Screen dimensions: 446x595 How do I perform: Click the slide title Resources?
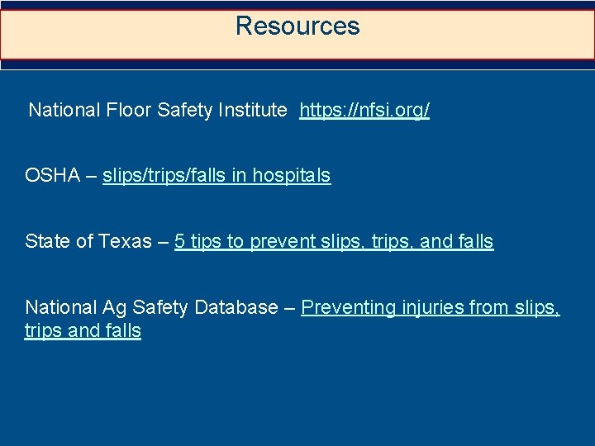click(x=297, y=26)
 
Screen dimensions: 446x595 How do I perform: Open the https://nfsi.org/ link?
click(x=364, y=110)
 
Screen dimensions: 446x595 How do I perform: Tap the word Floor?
click(x=130, y=110)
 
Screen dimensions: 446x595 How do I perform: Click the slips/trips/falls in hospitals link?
click(x=217, y=175)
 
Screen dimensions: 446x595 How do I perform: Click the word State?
click(x=47, y=241)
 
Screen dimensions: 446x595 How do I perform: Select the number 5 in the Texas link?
click(x=180, y=241)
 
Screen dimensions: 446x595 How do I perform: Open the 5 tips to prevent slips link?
click(x=334, y=241)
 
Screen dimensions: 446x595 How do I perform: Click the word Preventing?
click(x=349, y=307)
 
